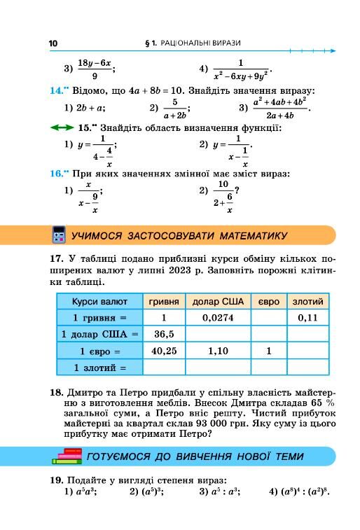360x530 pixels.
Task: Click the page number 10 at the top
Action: [x=53, y=43]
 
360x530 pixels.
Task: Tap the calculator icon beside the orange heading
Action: [x=59, y=235]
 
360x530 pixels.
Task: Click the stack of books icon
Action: [x=67, y=456]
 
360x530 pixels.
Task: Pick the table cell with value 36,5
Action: [x=164, y=334]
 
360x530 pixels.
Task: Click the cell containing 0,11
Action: [x=307, y=317]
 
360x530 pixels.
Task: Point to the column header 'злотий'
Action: [x=307, y=301]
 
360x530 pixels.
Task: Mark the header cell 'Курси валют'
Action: [x=99, y=301]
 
